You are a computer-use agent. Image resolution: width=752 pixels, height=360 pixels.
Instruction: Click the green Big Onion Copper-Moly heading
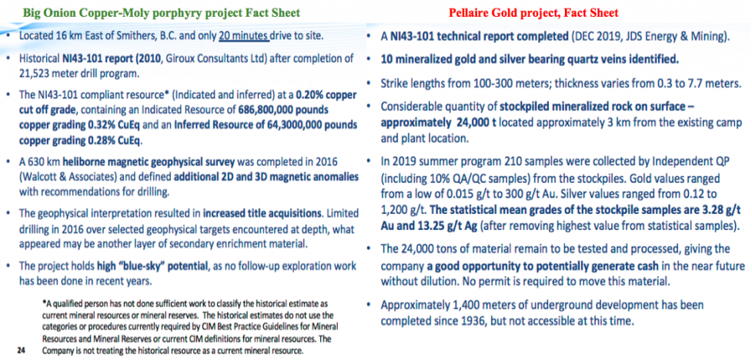tap(163, 12)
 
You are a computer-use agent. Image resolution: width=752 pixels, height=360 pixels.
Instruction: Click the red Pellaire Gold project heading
tap(533, 12)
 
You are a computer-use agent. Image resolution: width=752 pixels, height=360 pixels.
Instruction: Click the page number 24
tap(21, 350)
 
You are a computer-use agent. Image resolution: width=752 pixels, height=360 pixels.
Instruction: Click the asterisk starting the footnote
tap(44, 303)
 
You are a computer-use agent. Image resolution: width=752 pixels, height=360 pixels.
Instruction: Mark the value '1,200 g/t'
tap(403, 212)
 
